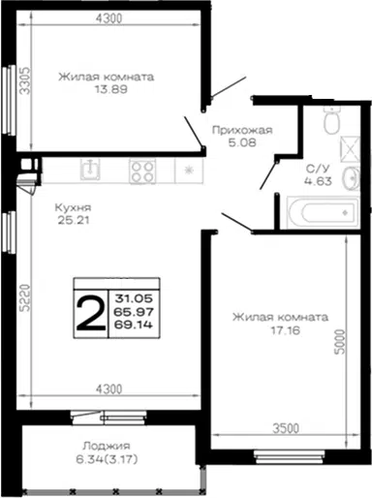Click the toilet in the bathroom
click(x=331, y=120)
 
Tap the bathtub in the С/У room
click(x=324, y=212)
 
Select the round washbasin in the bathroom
click(x=352, y=177)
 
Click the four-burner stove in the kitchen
click(x=142, y=171)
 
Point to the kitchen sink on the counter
click(x=90, y=169)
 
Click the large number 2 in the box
click(x=91, y=314)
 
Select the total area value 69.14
click(x=133, y=325)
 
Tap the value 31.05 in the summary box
click(x=134, y=298)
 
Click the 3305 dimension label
click(x=24, y=80)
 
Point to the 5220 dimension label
click(x=24, y=297)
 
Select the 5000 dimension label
click(x=340, y=342)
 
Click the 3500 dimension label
click(x=286, y=428)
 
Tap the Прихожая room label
click(x=242, y=130)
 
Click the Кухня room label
click(x=73, y=207)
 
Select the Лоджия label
click(x=107, y=446)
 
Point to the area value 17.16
click(x=286, y=330)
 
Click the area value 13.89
click(x=110, y=89)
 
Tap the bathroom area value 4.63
click(x=318, y=181)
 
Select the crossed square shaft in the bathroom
click(x=350, y=148)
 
